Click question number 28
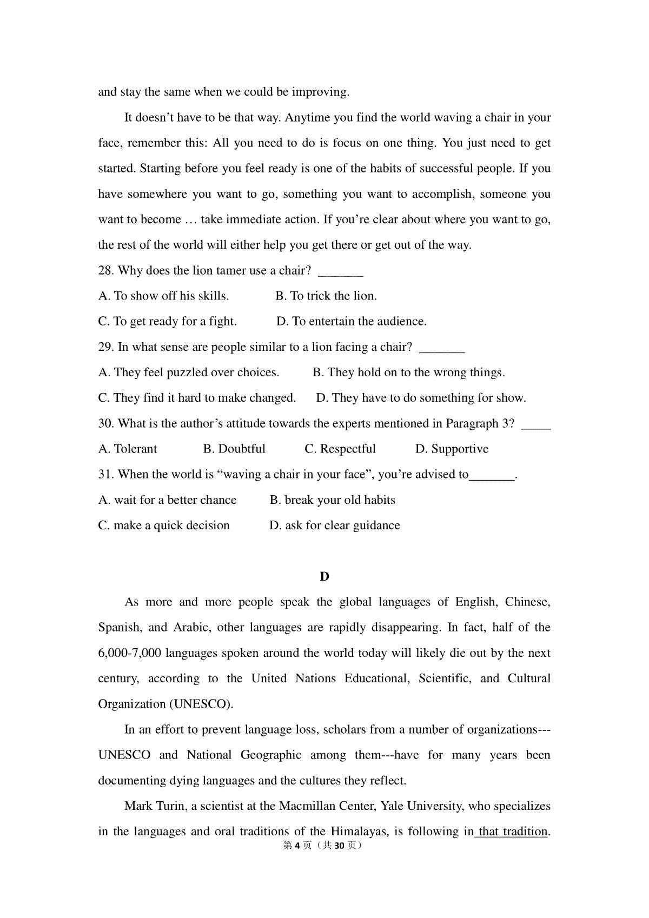[106, 271]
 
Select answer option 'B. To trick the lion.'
[326, 296]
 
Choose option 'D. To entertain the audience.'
[351, 322]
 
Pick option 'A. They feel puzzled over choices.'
[188, 372]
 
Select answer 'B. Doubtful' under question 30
[234, 449]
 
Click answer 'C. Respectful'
[340, 449]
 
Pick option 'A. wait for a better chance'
[167, 500]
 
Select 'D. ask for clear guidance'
[334, 525]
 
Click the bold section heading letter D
[325, 577]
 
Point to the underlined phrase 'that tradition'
[513, 831]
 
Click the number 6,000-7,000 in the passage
[129, 653]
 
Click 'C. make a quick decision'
[164, 525]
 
